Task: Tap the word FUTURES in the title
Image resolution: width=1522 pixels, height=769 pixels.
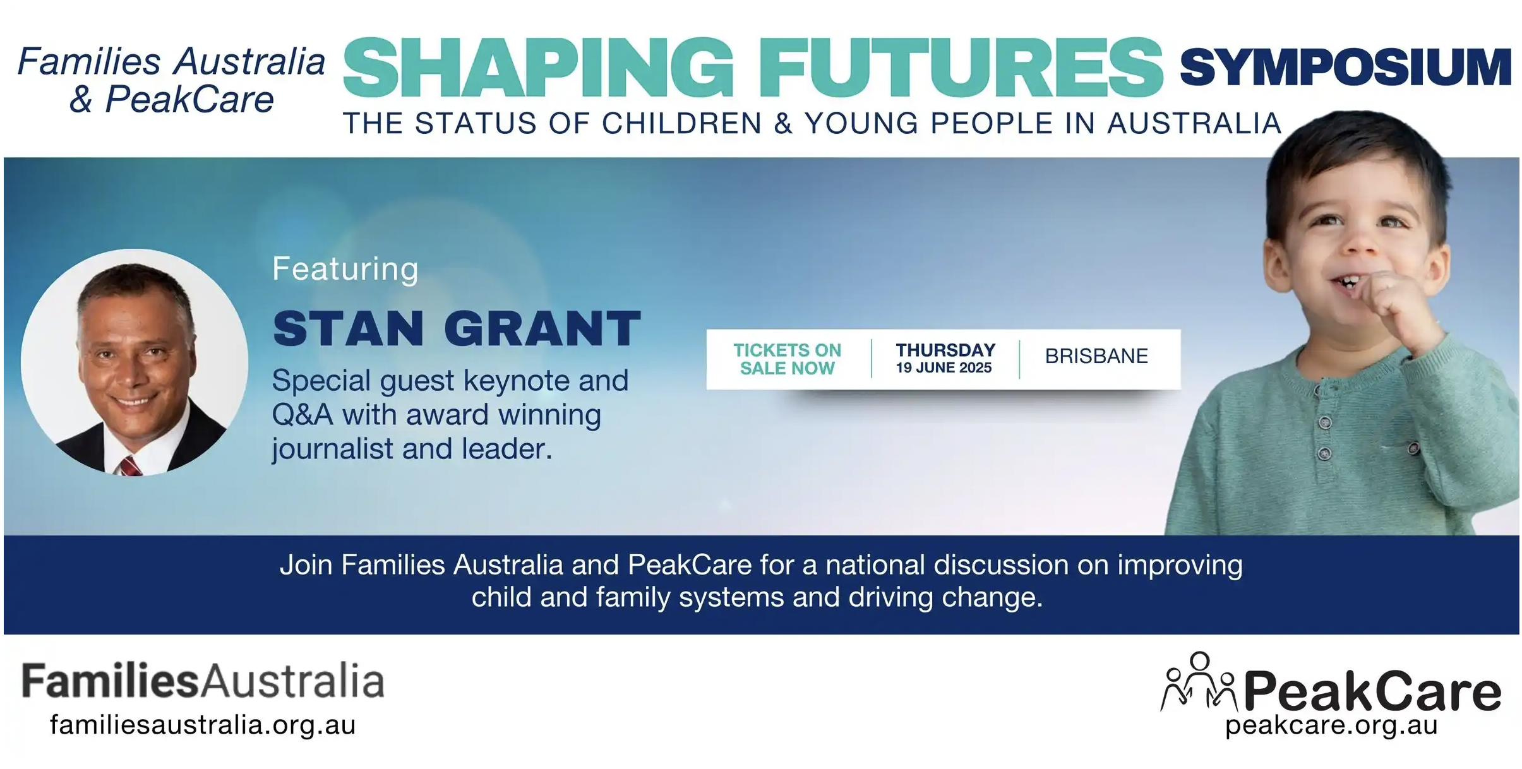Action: [x=961, y=68]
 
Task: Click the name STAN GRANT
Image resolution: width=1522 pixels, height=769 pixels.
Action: [x=457, y=328]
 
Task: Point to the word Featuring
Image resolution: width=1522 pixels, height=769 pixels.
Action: [x=345, y=269]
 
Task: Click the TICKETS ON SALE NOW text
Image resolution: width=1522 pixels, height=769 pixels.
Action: [x=787, y=359]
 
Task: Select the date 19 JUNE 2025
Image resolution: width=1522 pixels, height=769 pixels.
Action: [x=944, y=368]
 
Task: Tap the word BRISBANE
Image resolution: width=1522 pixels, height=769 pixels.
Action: [x=1096, y=356]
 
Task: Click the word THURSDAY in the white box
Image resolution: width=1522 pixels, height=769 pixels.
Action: [x=945, y=350]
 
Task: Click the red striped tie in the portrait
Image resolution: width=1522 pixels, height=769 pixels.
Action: [x=131, y=466]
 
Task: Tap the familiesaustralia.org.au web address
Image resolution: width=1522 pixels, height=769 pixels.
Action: [x=203, y=724]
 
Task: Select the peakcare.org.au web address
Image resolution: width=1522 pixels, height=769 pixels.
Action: [x=1331, y=725]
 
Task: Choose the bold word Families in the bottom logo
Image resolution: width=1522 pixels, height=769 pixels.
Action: [x=111, y=681]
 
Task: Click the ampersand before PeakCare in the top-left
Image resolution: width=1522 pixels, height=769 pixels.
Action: [x=81, y=100]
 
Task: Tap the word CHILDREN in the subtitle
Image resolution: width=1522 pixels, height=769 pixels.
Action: [x=681, y=123]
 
